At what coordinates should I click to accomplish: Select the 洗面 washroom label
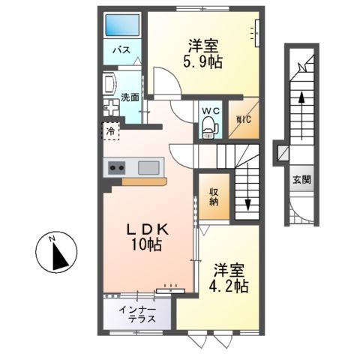[x=129, y=97]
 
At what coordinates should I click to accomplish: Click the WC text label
[x=211, y=111]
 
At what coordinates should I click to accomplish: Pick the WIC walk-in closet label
[x=244, y=120]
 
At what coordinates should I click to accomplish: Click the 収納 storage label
[x=213, y=195]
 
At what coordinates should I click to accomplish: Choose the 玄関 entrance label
[x=302, y=180]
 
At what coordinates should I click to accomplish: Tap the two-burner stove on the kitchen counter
[x=117, y=167]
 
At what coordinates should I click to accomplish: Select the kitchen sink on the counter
[x=148, y=167]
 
